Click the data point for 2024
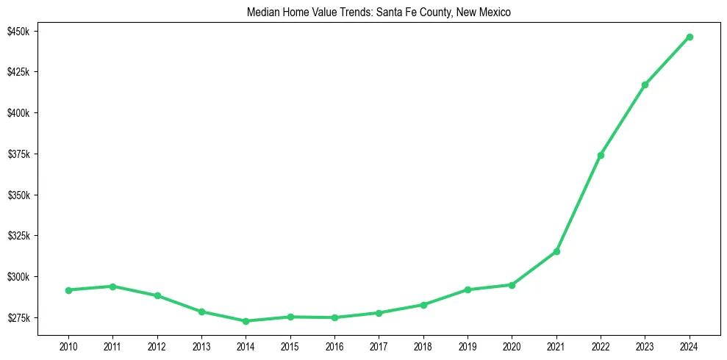(690, 37)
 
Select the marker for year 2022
(601, 155)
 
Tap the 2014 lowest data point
(246, 321)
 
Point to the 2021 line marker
(556, 251)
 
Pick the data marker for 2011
(112, 287)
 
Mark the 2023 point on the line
(645, 84)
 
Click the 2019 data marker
(468, 289)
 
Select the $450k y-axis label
(18, 32)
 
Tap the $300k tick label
(18, 277)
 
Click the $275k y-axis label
(18, 318)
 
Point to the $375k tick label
(18, 154)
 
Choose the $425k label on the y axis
(18, 72)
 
